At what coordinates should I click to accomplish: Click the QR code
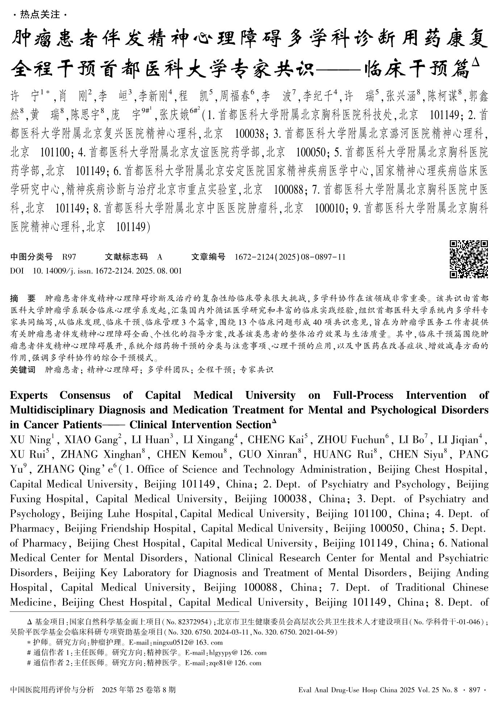click(469, 259)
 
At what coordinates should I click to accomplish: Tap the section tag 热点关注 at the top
click(40, 14)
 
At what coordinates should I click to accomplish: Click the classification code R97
click(69, 257)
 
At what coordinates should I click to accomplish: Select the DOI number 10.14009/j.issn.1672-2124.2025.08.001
click(107, 271)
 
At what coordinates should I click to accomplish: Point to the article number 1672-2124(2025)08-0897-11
click(290, 257)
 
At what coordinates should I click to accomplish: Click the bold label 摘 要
click(23, 299)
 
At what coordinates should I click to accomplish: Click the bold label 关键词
click(23, 370)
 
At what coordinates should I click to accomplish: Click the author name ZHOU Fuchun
click(351, 440)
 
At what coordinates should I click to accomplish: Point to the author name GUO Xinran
click(268, 454)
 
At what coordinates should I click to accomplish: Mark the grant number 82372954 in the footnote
click(196, 622)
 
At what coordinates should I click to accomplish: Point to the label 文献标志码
click(126, 257)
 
